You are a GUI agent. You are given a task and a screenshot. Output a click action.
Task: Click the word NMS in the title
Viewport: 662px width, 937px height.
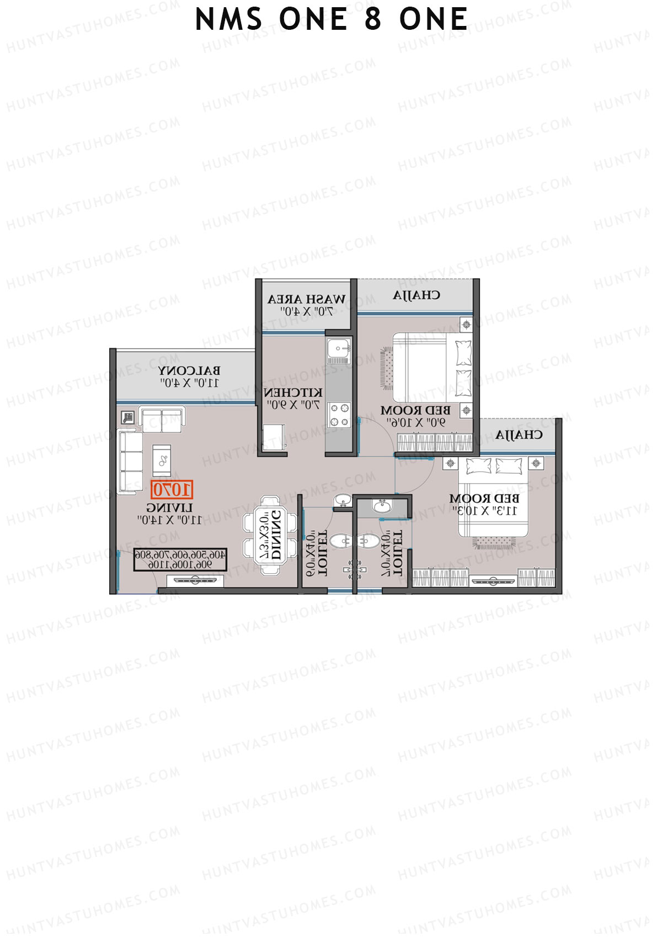click(228, 20)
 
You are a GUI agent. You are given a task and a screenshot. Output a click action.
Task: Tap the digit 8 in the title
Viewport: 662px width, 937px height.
click(373, 20)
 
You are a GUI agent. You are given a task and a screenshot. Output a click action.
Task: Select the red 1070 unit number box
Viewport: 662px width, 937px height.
click(172, 490)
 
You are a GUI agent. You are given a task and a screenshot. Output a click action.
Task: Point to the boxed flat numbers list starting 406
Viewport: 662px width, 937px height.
click(180, 559)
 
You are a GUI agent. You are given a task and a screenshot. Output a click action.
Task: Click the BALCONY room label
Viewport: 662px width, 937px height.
click(189, 370)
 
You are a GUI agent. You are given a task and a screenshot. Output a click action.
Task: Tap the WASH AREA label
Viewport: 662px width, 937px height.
click(307, 299)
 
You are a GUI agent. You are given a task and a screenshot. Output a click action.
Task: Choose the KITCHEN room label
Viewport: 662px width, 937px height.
click(293, 393)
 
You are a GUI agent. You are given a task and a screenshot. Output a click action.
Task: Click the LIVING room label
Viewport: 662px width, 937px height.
click(170, 507)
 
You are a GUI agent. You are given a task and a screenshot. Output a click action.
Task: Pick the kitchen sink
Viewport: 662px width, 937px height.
click(337, 350)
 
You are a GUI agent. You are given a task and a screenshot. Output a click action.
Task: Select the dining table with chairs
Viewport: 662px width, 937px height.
click(271, 535)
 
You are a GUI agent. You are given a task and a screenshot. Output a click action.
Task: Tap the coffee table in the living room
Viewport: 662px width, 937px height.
click(162, 459)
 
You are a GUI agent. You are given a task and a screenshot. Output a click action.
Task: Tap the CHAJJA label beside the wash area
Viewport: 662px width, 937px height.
click(417, 295)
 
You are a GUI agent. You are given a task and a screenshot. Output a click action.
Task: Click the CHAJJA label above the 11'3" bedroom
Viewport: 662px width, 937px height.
click(519, 435)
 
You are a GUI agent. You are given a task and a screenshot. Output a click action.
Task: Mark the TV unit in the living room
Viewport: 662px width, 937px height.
click(194, 580)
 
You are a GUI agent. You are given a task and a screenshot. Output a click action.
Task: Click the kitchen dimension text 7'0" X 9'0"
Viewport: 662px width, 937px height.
click(293, 405)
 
